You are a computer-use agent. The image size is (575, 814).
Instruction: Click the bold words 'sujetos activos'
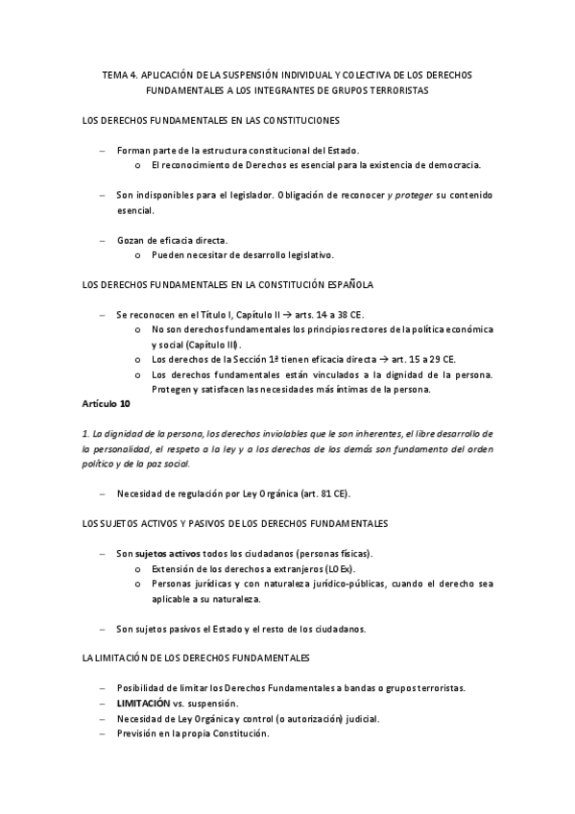[x=166, y=554]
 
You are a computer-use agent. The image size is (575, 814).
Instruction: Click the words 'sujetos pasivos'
[x=165, y=629]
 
